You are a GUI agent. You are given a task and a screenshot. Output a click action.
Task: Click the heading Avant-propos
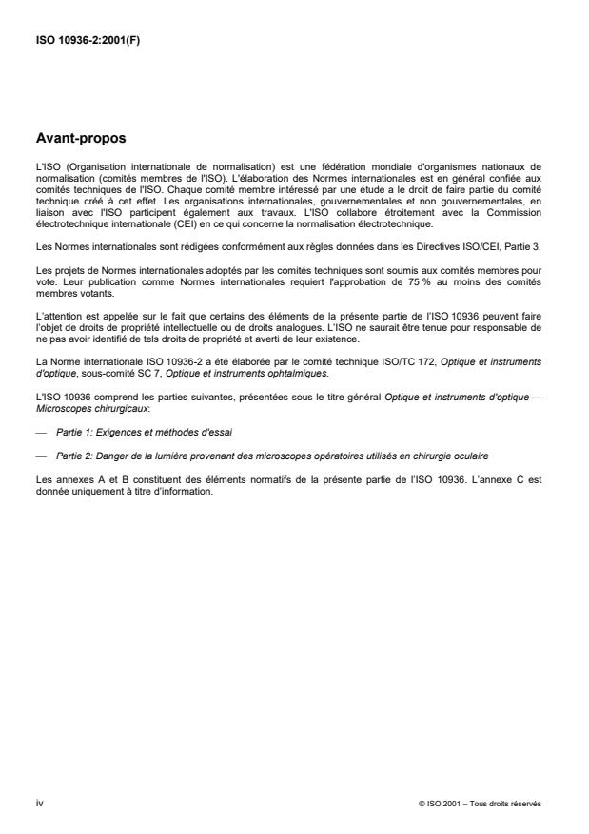point(82,137)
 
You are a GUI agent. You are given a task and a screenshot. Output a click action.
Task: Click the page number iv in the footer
point(39,803)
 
